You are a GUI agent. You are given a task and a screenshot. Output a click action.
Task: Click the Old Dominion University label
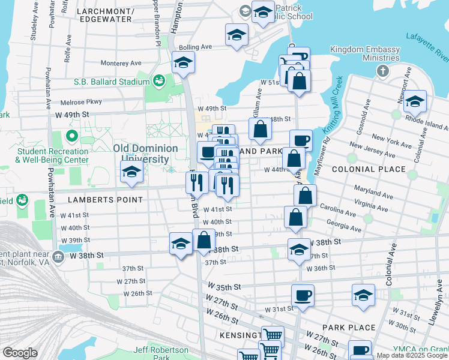pos(145,154)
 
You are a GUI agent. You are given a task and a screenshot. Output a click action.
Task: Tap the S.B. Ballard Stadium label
pos(112,82)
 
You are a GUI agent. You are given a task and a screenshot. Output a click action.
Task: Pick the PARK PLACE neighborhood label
pos(348,328)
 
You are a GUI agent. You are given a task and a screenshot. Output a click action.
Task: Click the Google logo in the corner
pos(20,353)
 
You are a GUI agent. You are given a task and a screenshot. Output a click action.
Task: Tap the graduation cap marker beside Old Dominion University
pos(131,172)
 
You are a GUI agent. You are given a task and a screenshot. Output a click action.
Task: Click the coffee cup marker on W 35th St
pos(303,296)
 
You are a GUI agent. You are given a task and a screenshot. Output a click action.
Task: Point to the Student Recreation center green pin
pos(72,136)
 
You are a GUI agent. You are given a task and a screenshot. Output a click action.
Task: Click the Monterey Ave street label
pos(121,63)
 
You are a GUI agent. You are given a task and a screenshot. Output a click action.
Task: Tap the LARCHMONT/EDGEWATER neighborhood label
pos(104,14)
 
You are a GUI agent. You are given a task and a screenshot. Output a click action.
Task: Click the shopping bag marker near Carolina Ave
pos(295,218)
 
